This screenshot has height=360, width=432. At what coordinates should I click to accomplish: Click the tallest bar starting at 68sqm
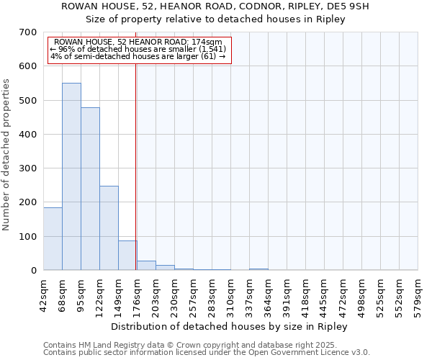click(71, 176)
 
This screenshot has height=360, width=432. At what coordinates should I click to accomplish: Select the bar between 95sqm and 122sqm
click(90, 189)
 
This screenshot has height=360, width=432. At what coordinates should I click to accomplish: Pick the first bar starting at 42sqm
click(53, 238)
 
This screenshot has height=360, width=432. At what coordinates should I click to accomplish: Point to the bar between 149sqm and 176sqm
click(127, 255)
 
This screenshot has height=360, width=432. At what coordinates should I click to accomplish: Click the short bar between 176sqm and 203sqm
click(146, 265)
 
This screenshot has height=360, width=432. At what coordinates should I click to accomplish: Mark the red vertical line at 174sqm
click(136, 166)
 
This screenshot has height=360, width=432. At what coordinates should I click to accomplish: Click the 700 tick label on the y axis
click(28, 32)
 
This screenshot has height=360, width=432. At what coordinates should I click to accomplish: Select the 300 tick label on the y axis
click(28, 168)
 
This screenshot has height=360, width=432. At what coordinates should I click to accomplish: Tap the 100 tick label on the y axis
click(28, 237)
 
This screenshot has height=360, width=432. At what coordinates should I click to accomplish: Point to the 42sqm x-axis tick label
click(44, 294)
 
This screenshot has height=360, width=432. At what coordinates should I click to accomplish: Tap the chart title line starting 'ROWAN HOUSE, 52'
click(215, 6)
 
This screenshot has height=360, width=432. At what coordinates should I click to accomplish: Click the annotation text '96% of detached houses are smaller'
click(137, 49)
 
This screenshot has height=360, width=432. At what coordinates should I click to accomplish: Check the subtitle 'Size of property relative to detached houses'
click(215, 19)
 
